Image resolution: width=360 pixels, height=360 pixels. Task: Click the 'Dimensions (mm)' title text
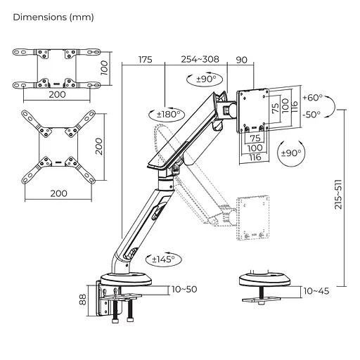click(x=53, y=18)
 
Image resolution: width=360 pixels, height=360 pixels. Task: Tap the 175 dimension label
click(x=146, y=60)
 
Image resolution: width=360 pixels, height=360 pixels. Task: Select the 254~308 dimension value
click(x=200, y=59)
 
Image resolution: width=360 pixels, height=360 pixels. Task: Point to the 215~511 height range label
click(x=338, y=195)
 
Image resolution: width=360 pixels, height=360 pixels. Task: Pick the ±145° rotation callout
click(x=164, y=259)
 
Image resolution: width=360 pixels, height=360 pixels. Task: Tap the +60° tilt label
click(x=312, y=97)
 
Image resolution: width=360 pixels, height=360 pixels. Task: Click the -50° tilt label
click(x=311, y=115)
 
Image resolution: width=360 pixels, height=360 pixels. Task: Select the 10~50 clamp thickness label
click(x=184, y=289)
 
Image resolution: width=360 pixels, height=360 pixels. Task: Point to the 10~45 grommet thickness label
click(x=316, y=291)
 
